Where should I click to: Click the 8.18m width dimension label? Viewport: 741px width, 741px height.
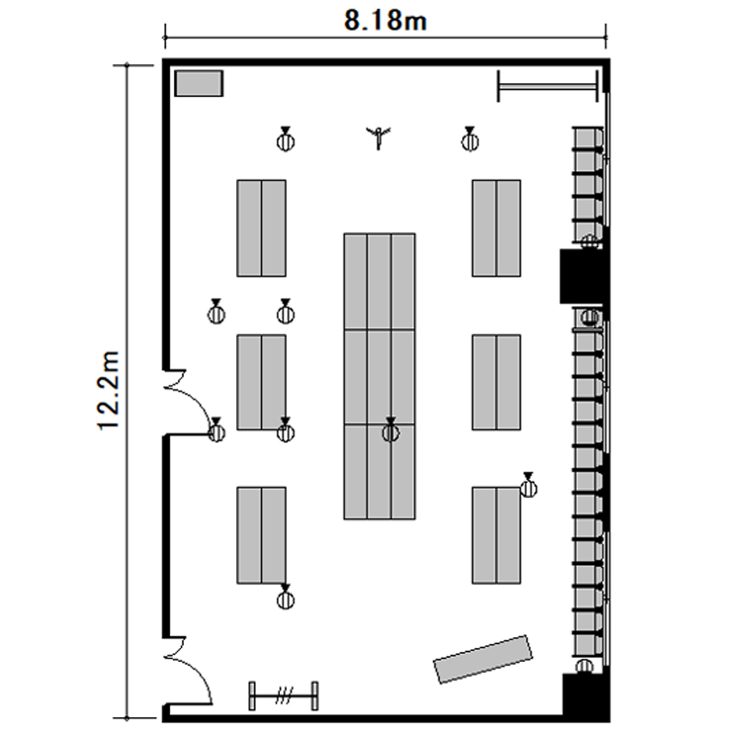pyautogui.click(x=385, y=21)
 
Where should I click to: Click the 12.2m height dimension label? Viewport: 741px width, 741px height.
pyautogui.click(x=109, y=390)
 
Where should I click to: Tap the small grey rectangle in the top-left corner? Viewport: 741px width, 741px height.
pyautogui.click(x=199, y=83)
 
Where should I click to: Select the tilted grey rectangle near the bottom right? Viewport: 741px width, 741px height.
pyautogui.click(x=483, y=659)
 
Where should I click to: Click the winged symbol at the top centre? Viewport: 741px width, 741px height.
pyautogui.click(x=378, y=137)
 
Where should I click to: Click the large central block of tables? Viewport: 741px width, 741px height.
pyautogui.click(x=379, y=376)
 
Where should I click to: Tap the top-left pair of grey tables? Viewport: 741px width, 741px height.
pyautogui.click(x=262, y=228)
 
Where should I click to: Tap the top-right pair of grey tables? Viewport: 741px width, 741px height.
pyautogui.click(x=496, y=228)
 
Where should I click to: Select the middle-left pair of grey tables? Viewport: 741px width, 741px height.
pyautogui.click(x=262, y=382)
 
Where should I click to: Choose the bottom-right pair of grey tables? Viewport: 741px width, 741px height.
pyautogui.click(x=496, y=535)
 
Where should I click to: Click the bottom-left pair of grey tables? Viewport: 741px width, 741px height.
pyautogui.click(x=262, y=535)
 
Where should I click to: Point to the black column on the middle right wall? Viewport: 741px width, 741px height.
pyautogui.click(x=582, y=277)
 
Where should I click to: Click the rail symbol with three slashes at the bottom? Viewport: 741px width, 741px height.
pyautogui.click(x=284, y=696)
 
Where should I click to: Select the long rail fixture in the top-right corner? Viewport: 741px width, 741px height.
pyautogui.click(x=547, y=86)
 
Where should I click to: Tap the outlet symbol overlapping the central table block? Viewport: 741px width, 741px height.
pyautogui.click(x=390, y=430)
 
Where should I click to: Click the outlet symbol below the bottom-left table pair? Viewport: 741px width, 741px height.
pyautogui.click(x=285, y=597)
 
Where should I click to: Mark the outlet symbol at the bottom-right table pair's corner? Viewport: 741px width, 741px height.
pyautogui.click(x=529, y=485)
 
